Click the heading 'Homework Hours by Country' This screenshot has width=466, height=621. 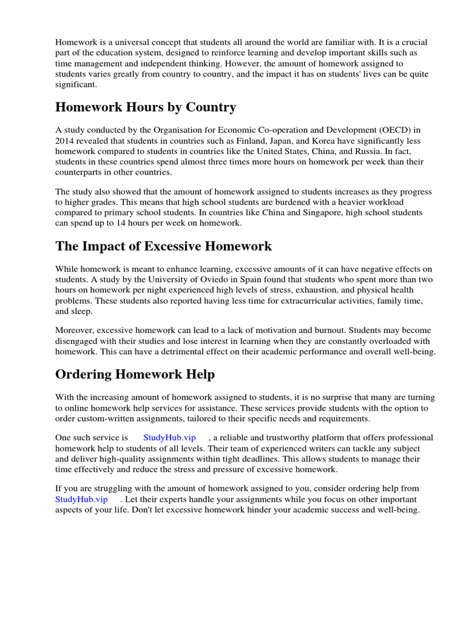pyautogui.click(x=146, y=107)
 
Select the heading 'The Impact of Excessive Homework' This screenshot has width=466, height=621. pyautogui.click(x=163, y=246)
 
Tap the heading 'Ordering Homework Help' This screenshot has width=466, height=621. pyautogui.click(x=135, y=375)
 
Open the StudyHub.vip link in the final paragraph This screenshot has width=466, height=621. pyautogui.click(x=81, y=499)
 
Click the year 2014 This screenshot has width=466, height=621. pyautogui.click(x=66, y=141)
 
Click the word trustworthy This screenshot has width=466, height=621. pyautogui.click(x=301, y=438)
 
